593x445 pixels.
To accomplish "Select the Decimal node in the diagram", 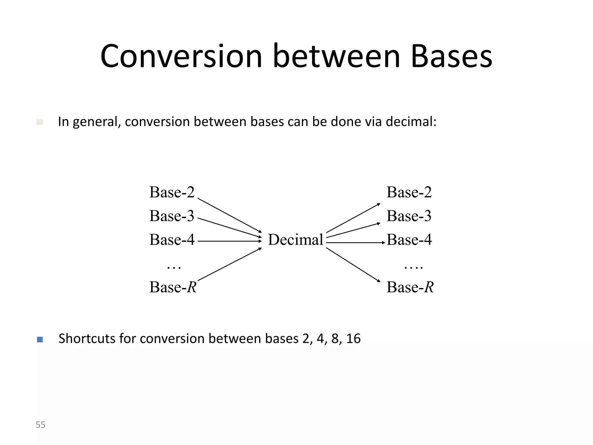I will point(295,240).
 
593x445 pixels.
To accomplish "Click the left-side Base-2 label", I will point(172,192).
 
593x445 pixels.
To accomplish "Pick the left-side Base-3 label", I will point(172,216).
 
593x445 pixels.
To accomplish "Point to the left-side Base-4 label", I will point(172,240).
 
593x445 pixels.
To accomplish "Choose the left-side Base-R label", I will point(173,287).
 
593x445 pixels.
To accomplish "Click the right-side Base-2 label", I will point(409,192).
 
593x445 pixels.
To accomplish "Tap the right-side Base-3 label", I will point(409,216).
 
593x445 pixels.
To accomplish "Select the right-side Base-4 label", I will point(409,240).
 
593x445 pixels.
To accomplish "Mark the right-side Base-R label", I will point(410,287).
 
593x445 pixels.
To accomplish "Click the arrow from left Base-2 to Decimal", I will point(229,215).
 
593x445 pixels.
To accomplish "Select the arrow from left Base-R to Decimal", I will point(229,264).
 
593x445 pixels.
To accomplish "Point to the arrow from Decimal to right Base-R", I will point(353,265).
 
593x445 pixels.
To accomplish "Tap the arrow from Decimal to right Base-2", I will point(353,218).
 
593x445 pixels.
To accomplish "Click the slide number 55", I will point(41,425).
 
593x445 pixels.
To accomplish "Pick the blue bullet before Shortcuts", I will point(40,339).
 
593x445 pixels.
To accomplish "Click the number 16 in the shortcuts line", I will point(353,339).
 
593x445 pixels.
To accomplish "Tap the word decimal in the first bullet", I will point(411,122).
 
